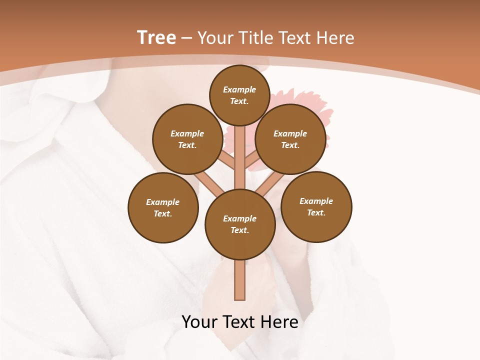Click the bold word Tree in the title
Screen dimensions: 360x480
pos(156,38)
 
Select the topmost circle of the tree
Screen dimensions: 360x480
pos(239,95)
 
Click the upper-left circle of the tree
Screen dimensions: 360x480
pos(187,139)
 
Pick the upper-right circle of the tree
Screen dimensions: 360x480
pos(290,139)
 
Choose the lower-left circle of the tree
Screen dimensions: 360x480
pos(163,207)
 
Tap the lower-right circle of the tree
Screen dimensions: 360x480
pos(316,206)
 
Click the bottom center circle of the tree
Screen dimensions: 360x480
pos(240,224)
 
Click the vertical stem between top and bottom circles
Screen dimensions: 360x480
pos(240,157)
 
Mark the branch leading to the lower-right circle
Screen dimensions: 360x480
pos(270,182)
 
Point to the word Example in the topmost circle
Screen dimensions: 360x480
pos(239,90)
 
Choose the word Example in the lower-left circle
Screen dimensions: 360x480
pos(162,202)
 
